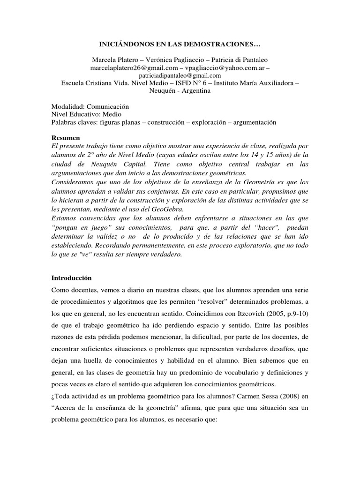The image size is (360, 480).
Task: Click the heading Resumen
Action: [65, 138]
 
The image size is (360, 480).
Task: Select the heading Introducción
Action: [71, 277]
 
